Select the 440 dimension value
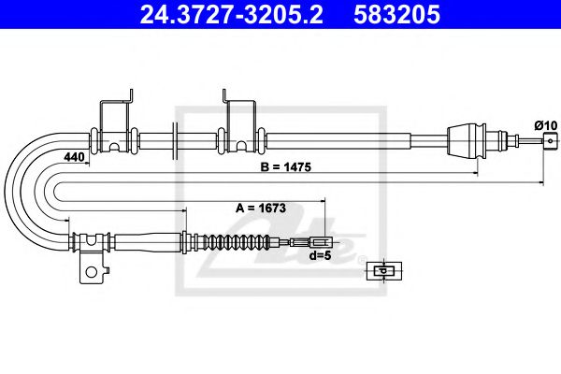[x=73, y=158]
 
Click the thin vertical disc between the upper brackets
[x=175, y=141]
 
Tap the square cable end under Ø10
[x=546, y=141]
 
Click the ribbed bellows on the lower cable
[x=245, y=244]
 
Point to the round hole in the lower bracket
[x=92, y=275]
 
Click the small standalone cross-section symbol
[x=381, y=271]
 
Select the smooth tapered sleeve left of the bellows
[x=198, y=243]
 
